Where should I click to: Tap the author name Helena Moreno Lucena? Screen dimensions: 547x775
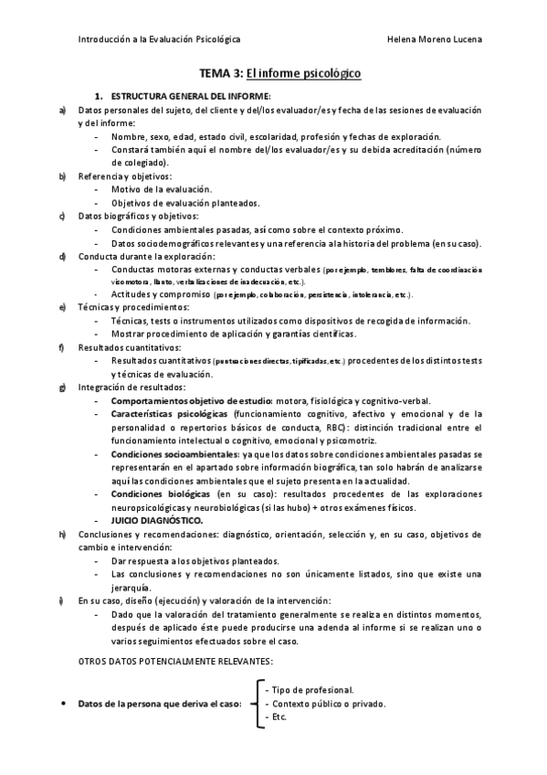[435, 39]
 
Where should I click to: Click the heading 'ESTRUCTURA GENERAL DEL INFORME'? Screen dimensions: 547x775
[190, 96]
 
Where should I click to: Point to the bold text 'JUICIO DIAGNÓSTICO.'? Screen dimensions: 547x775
[157, 519]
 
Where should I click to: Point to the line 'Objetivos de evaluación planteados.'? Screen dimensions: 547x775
[185, 202]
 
